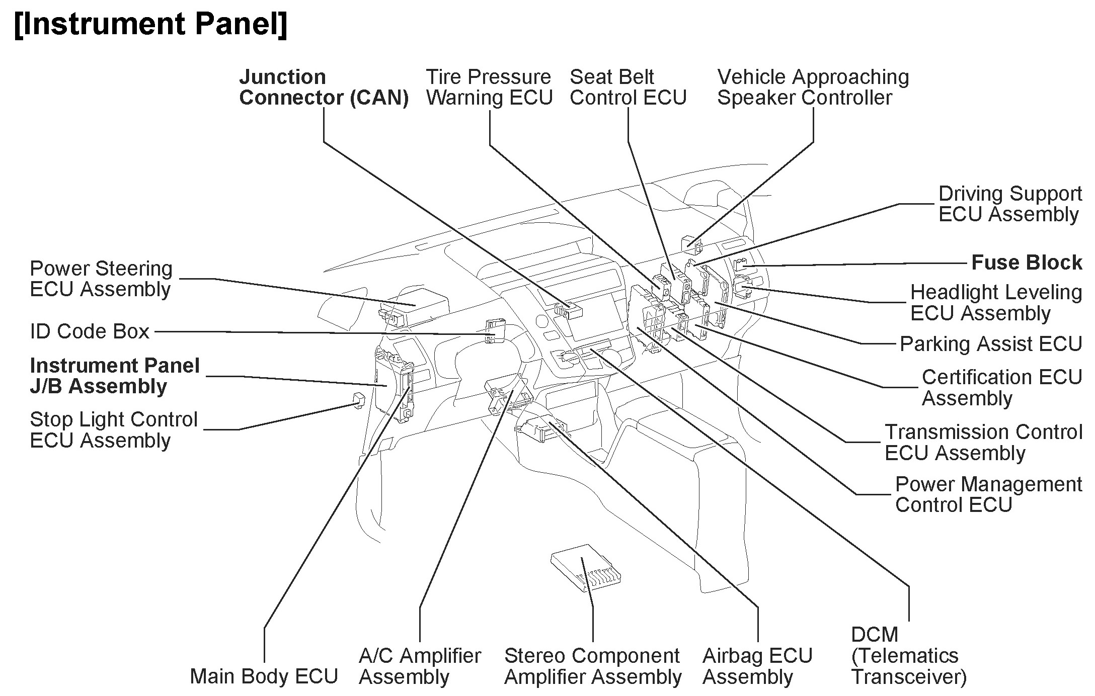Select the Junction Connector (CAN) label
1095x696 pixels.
(x=324, y=88)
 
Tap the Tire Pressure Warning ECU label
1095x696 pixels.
(x=489, y=88)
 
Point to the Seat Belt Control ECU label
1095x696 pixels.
(x=628, y=88)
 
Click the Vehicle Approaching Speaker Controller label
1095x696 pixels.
(x=813, y=88)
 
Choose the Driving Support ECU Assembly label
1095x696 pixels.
(x=1009, y=204)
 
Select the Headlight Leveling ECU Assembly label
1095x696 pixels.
(x=995, y=303)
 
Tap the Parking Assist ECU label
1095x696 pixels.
(x=990, y=344)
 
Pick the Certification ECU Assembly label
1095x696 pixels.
(x=1001, y=388)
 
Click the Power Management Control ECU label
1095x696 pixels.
(x=988, y=494)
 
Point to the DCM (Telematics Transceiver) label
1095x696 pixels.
(x=908, y=656)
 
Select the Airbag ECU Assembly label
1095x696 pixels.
(x=757, y=666)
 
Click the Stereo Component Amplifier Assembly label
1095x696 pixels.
(x=592, y=666)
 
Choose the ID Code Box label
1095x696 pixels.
(x=90, y=332)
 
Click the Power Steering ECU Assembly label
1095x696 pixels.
(x=101, y=279)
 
